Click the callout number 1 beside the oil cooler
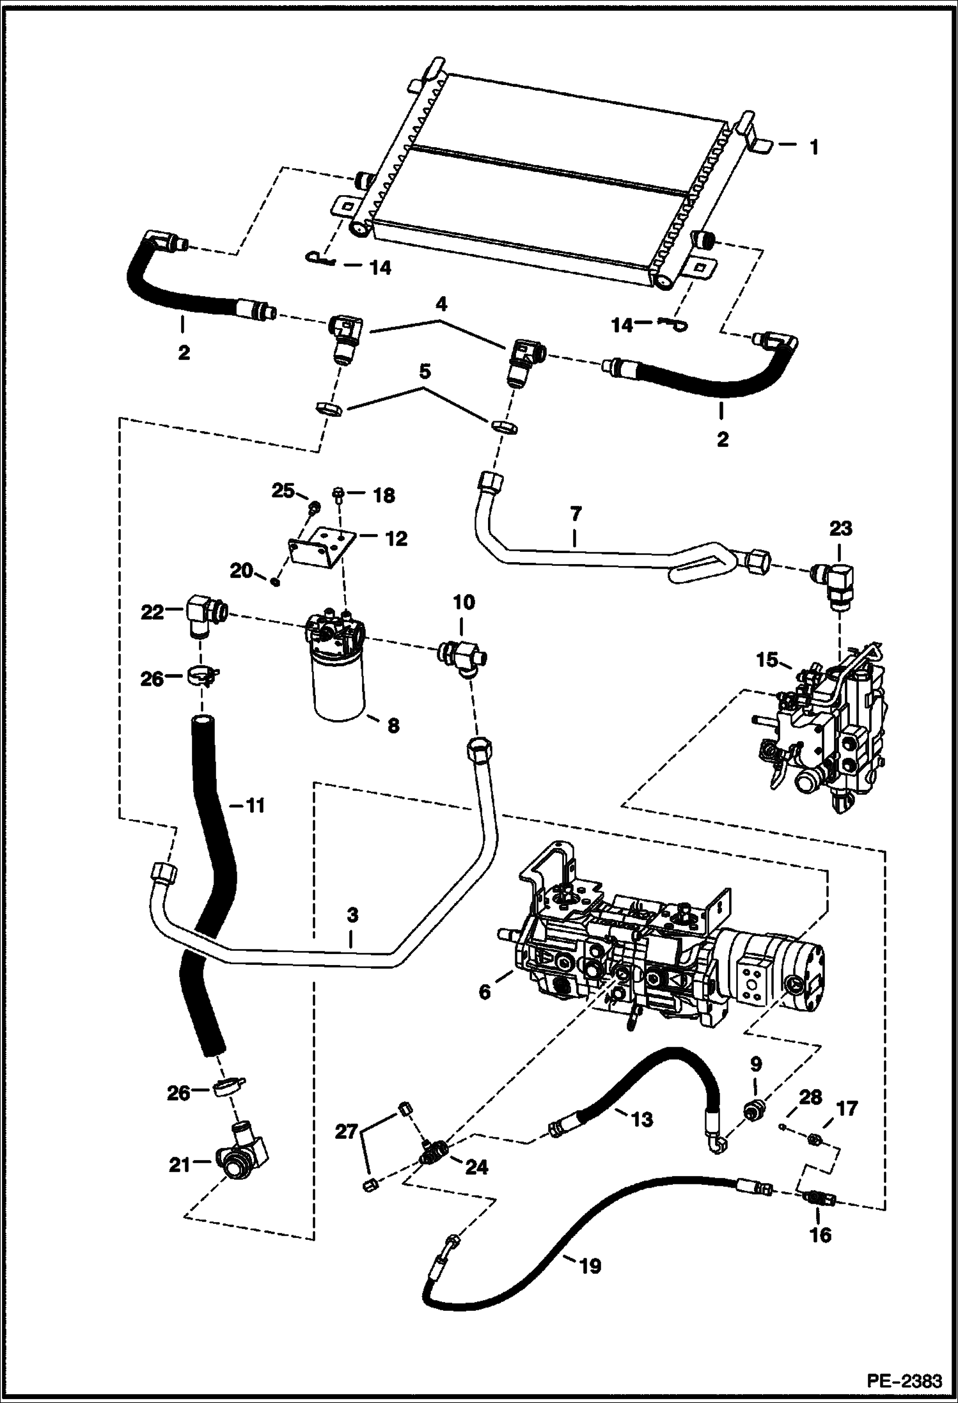click(813, 148)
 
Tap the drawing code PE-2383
click(904, 1380)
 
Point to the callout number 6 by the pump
click(484, 992)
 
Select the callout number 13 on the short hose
click(642, 1119)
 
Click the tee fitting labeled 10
click(464, 656)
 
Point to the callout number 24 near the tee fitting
click(477, 1168)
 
